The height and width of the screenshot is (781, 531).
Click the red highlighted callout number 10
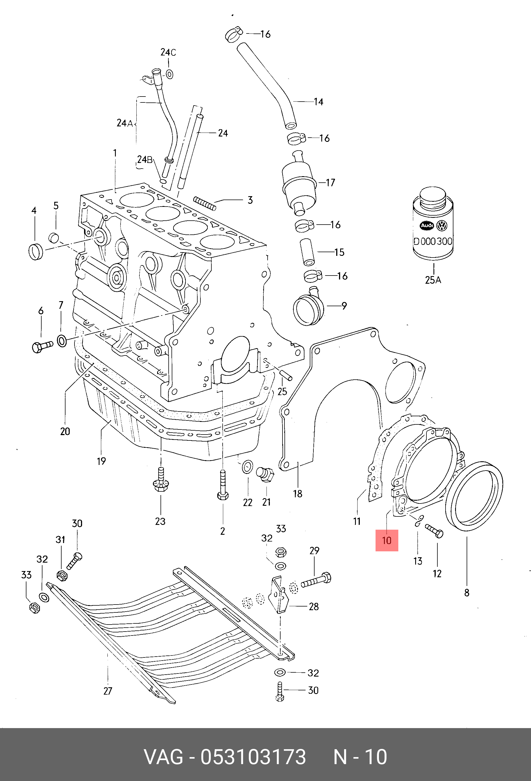point(387,540)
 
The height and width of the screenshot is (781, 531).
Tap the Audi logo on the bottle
point(427,225)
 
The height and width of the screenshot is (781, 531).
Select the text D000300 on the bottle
point(433,241)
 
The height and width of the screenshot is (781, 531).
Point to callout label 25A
point(433,280)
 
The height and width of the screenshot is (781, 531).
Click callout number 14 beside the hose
point(318,102)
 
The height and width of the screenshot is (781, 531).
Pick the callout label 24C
point(168,52)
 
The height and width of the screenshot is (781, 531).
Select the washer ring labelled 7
point(62,341)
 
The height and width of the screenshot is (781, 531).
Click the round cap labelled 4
point(36,252)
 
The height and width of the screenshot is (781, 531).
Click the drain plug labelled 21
point(265,474)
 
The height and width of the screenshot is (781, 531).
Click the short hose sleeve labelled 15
point(307,252)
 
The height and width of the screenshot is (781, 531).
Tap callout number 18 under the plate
point(298,494)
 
